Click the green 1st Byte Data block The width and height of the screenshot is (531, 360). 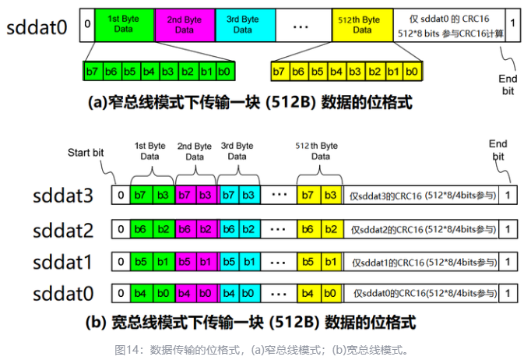click(x=125, y=25)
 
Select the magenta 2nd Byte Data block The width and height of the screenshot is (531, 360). click(x=185, y=25)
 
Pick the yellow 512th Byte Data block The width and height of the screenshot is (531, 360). click(x=362, y=25)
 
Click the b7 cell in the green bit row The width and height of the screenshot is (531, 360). click(x=93, y=72)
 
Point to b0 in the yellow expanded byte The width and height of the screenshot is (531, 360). click(x=412, y=72)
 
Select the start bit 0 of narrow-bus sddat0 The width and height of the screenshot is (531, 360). click(x=87, y=25)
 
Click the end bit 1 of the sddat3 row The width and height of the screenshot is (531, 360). click(x=508, y=195)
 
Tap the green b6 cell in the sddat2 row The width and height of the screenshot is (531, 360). click(x=141, y=229)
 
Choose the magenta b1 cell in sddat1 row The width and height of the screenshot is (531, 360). click(x=206, y=262)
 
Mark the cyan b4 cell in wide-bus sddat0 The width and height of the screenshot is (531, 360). click(x=230, y=293)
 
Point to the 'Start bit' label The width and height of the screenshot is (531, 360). click(x=86, y=153)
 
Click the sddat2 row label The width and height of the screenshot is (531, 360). click(x=63, y=231)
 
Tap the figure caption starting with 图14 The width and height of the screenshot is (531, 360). click(x=262, y=350)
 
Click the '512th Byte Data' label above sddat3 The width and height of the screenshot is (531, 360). click(x=317, y=151)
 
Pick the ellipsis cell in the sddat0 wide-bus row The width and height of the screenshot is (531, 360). click(x=279, y=293)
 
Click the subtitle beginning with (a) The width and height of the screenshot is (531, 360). click(x=250, y=102)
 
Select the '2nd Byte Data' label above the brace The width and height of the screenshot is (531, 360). click(x=195, y=151)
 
